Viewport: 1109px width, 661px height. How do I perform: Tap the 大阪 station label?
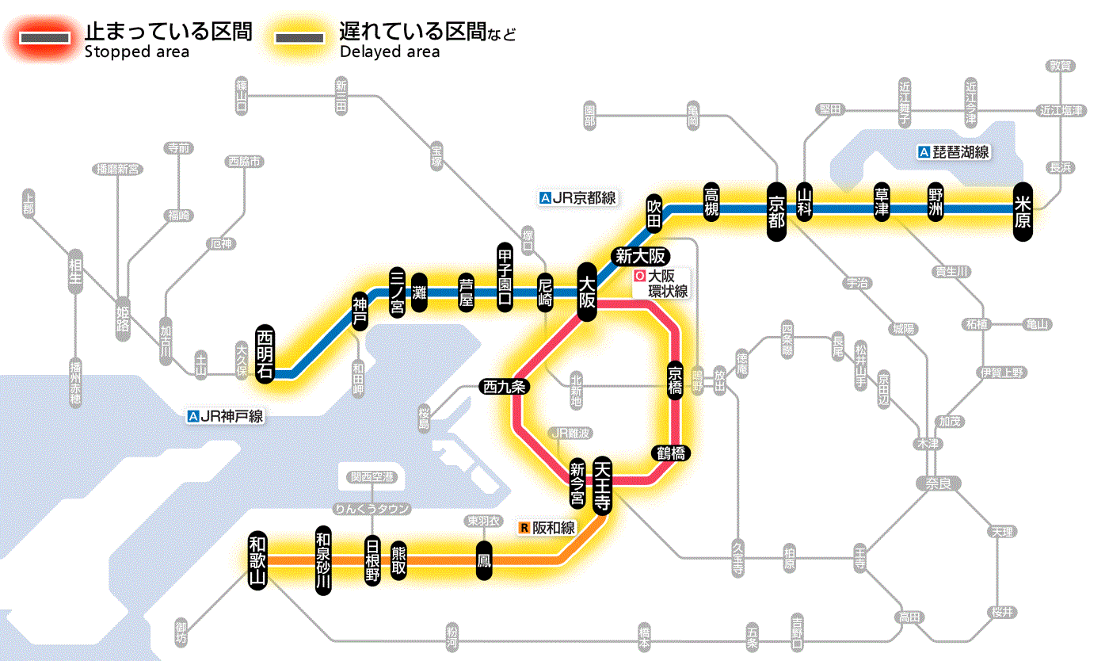point(587,292)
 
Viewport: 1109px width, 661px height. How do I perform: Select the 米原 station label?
point(1023,212)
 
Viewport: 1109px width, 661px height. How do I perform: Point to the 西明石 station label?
point(265,353)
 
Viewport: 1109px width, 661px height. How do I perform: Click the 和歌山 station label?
point(257,559)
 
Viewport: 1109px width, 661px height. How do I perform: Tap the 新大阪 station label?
point(642,256)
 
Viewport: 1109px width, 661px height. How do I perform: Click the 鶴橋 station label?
point(670,453)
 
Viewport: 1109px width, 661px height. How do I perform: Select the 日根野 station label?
point(372,560)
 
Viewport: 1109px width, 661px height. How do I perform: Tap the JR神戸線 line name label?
point(225,416)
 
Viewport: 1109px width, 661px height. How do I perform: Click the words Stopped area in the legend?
point(136,52)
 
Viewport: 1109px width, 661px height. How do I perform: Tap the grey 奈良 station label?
point(937,483)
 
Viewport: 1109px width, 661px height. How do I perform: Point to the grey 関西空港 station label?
point(372,477)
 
